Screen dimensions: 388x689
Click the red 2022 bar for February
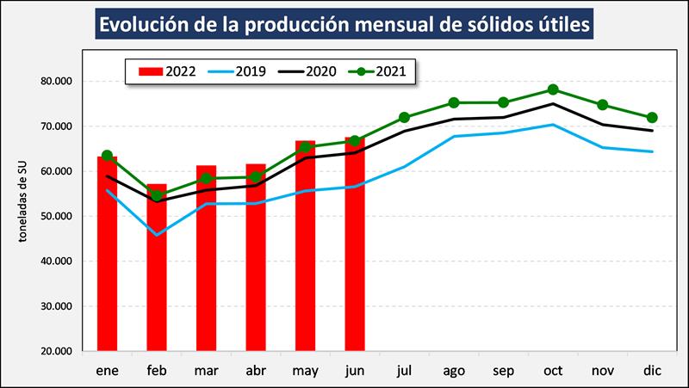click(x=157, y=268)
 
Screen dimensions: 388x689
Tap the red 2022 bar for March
click(x=206, y=258)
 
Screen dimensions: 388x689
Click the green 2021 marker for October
click(x=553, y=89)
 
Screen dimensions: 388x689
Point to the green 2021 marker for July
click(x=404, y=117)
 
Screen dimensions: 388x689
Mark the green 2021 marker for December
click(x=652, y=117)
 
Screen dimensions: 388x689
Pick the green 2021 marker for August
click(x=454, y=103)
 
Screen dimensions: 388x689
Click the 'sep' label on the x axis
click(x=503, y=370)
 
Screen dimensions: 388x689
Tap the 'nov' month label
click(x=603, y=370)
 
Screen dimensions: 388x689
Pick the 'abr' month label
click(x=256, y=370)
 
